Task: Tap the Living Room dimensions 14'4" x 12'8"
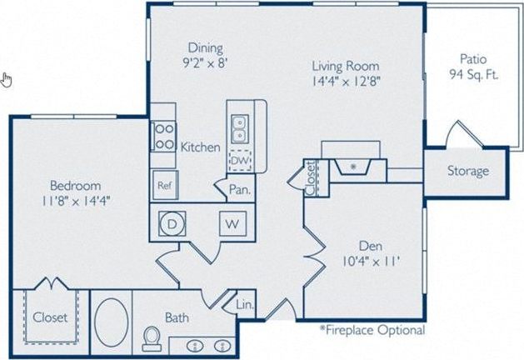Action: [345, 81]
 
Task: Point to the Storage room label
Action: [467, 172]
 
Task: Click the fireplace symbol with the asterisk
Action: [353, 167]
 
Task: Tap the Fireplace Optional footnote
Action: [372, 330]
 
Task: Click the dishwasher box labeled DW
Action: [239, 160]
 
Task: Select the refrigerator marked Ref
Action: [163, 185]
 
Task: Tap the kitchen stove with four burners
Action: [162, 136]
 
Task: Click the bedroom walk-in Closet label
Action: [49, 317]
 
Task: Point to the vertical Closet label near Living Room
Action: [310, 177]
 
